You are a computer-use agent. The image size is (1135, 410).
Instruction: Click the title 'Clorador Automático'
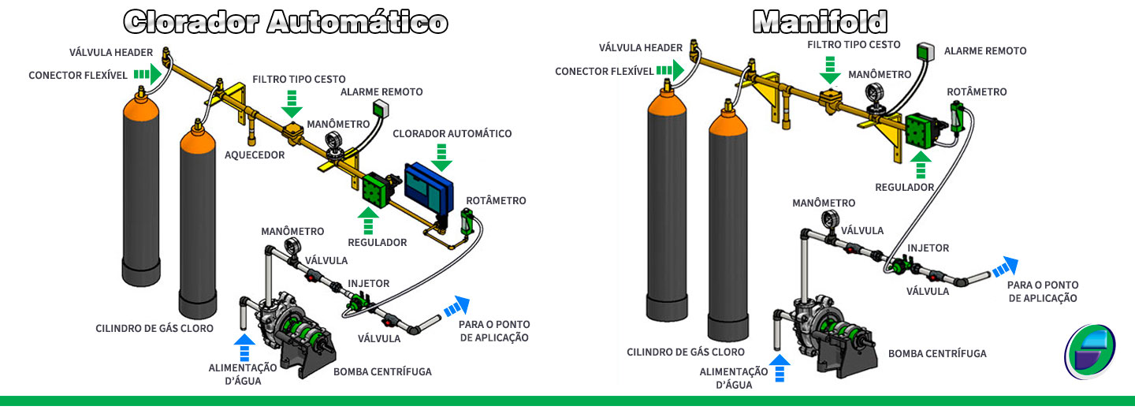pyautogui.click(x=286, y=21)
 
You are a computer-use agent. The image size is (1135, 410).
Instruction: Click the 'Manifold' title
pyautogui.click(x=820, y=21)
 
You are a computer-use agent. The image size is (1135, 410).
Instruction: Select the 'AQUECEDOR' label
pyautogui.click(x=255, y=155)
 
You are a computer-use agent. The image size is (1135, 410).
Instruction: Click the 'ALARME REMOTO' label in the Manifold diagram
pyautogui.click(x=985, y=50)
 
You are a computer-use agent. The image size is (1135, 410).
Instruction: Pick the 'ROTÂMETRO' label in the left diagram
pyautogui.click(x=496, y=201)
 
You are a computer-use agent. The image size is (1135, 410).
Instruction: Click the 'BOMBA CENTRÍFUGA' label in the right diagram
pyautogui.click(x=937, y=354)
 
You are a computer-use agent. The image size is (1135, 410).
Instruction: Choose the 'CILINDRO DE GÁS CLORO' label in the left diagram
pyautogui.click(x=154, y=328)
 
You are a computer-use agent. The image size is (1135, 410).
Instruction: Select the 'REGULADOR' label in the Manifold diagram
pyautogui.click(x=904, y=188)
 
